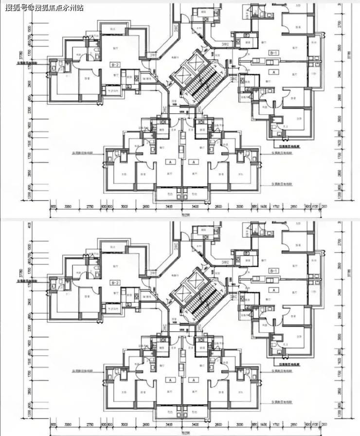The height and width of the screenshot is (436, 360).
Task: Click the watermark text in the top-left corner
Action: pyautogui.click(x=42, y=7)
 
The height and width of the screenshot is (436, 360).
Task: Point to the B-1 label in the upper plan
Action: pyautogui.click(x=274, y=53)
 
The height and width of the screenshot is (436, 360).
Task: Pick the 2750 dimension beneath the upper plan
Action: pyautogui.click(x=90, y=207)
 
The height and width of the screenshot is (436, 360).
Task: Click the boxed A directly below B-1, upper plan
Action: pyautogui.click(x=274, y=72)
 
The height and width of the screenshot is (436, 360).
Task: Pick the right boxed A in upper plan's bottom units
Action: pyautogui.click(x=194, y=162)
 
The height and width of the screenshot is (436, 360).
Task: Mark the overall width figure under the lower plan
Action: pyautogui.click(x=185, y=433)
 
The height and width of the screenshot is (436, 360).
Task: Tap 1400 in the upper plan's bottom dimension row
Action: pyautogui.click(x=264, y=207)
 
